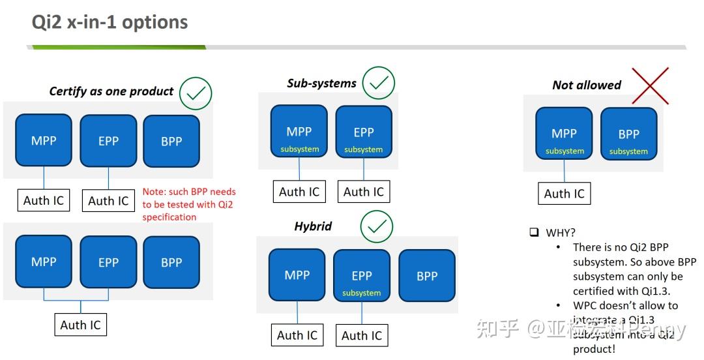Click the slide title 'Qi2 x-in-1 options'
[x=110, y=22]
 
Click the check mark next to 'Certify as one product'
[x=196, y=93]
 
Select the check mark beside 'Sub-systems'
[x=378, y=83]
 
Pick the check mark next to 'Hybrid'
[x=377, y=226]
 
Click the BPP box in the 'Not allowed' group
[x=628, y=134]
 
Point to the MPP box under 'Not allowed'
[x=564, y=134]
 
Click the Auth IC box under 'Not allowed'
[x=564, y=194]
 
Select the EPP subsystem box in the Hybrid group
[x=362, y=276]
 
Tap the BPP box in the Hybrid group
[x=427, y=276]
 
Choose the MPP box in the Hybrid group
[x=297, y=275]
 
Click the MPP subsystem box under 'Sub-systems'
[x=299, y=132]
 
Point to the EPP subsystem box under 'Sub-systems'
[x=364, y=132]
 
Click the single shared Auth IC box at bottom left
[x=81, y=325]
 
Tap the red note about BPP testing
[x=189, y=204]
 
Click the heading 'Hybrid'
[x=313, y=226]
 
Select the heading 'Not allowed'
[x=587, y=85]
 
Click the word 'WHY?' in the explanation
[x=561, y=232]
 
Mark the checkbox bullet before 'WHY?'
[x=533, y=232]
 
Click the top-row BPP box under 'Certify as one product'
[x=171, y=141]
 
